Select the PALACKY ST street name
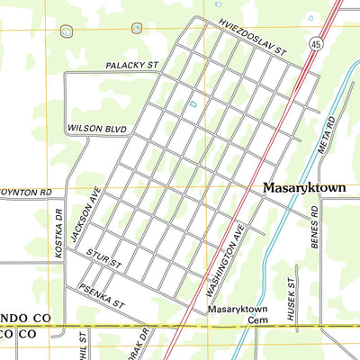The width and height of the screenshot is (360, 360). click(x=131, y=66)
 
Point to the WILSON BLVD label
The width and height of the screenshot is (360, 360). click(x=98, y=129)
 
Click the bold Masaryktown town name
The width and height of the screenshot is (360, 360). click(x=304, y=190)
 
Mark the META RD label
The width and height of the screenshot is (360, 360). click(x=329, y=134)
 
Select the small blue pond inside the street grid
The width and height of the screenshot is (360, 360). click(x=192, y=104)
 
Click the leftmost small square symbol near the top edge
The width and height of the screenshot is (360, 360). click(x=66, y=31)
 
